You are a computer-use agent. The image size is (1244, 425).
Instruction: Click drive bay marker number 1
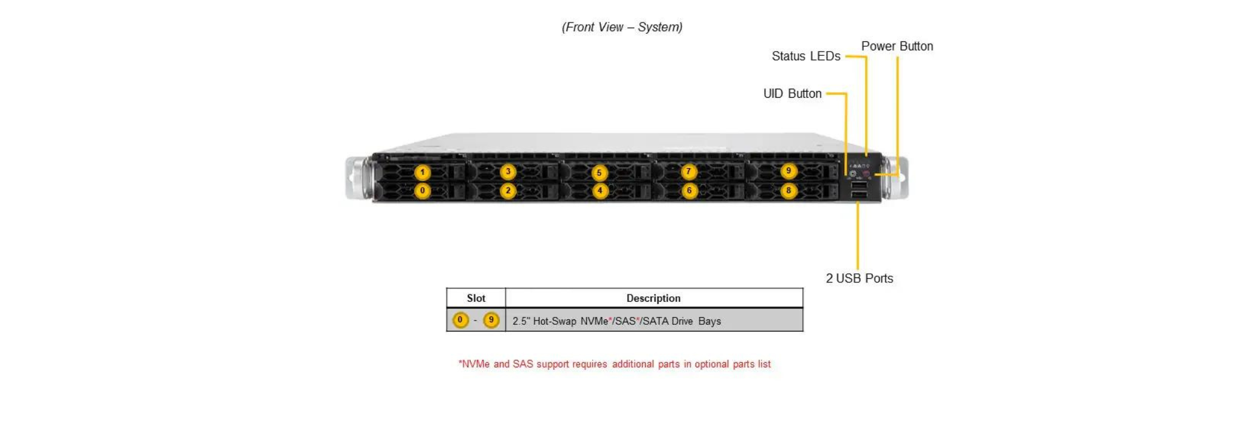[422, 172]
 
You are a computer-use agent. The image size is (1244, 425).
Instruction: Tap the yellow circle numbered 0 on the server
[422, 191]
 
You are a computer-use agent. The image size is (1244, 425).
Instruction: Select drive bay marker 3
[508, 172]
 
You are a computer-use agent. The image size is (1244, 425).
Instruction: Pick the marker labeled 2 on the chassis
[508, 191]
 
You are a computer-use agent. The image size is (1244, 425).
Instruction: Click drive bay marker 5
[599, 173]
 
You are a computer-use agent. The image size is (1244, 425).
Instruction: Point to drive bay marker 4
[600, 191]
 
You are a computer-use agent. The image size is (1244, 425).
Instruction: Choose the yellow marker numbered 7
[688, 172]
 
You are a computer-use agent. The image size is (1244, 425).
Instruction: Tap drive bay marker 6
[689, 191]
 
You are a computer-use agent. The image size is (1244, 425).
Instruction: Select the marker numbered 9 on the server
[788, 171]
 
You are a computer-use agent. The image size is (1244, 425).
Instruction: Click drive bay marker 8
[788, 191]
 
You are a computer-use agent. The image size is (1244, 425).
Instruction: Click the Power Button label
[897, 46]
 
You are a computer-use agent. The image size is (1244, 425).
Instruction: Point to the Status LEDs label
[805, 56]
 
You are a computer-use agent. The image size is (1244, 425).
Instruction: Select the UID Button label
[792, 93]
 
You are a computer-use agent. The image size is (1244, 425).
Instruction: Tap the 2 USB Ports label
[859, 278]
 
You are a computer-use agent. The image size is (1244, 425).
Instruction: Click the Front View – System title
[622, 27]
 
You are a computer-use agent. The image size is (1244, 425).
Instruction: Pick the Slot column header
[476, 298]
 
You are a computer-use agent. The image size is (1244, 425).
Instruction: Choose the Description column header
[653, 298]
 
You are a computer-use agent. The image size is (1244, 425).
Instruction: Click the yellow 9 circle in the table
[491, 320]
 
